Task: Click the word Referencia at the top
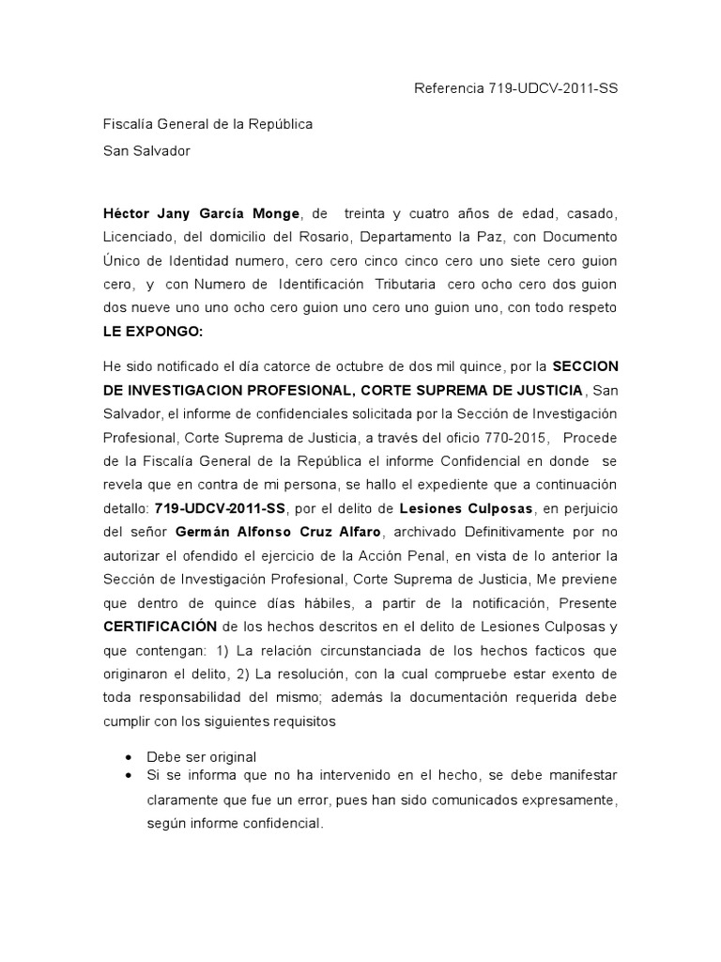(x=449, y=88)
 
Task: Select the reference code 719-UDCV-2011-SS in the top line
(x=553, y=88)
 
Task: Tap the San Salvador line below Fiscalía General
(x=146, y=150)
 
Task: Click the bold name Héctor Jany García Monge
(x=202, y=213)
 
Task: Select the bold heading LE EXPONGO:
(x=151, y=332)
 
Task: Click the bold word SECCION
(x=585, y=365)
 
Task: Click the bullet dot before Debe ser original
(x=129, y=757)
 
